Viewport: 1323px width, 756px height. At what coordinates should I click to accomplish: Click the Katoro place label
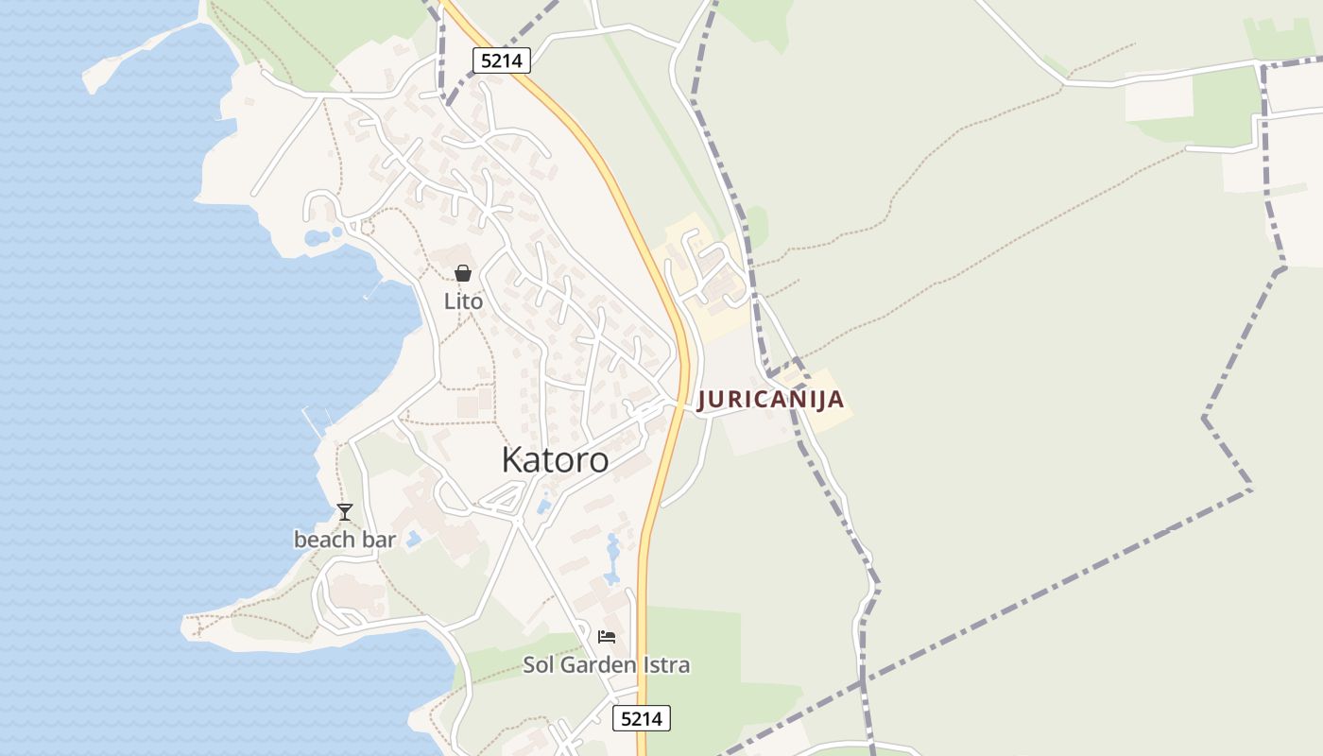pyautogui.click(x=555, y=460)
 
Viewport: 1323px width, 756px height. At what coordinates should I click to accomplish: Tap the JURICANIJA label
pyautogui.click(x=770, y=400)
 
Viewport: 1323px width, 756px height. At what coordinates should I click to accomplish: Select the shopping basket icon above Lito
pyautogui.click(x=463, y=273)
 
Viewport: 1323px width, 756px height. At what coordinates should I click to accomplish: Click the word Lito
pyautogui.click(x=463, y=301)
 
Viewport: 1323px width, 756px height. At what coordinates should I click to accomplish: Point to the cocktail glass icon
pyautogui.click(x=345, y=512)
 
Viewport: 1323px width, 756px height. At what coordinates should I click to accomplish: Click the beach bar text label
pyautogui.click(x=345, y=540)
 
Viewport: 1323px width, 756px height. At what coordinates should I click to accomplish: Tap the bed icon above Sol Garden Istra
pyautogui.click(x=607, y=637)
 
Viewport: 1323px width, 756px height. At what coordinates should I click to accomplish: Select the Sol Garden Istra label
pyautogui.click(x=607, y=665)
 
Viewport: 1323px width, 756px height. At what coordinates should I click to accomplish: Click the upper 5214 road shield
pyautogui.click(x=502, y=60)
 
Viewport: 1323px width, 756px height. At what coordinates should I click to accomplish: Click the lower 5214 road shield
pyautogui.click(x=642, y=718)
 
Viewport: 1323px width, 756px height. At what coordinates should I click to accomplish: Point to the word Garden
pyautogui.click(x=597, y=665)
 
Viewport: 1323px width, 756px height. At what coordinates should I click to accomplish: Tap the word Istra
pyautogui.click(x=665, y=665)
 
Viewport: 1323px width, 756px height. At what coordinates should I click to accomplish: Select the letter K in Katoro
pyautogui.click(x=511, y=460)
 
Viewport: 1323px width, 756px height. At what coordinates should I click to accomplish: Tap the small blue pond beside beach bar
pyautogui.click(x=413, y=540)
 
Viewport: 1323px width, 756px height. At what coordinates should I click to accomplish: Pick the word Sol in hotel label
pyautogui.click(x=540, y=665)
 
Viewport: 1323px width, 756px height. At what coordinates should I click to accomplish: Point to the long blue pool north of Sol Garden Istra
pyautogui.click(x=612, y=560)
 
